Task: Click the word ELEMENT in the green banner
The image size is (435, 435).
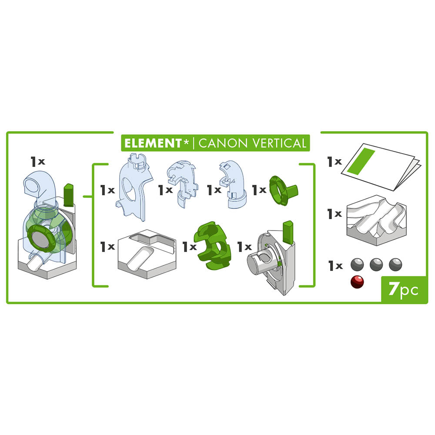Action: point(153,143)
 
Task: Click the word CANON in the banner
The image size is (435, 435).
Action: point(223,143)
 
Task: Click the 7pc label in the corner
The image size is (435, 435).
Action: point(403,289)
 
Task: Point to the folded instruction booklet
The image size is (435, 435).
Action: point(381,166)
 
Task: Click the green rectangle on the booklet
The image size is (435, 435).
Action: point(361,161)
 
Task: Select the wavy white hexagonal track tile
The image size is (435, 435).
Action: point(376,220)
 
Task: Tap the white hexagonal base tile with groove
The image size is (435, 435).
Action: point(147,254)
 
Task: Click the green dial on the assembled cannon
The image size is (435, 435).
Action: point(40,238)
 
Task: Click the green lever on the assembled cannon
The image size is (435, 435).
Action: point(69,195)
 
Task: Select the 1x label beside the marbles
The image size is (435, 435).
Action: point(335,265)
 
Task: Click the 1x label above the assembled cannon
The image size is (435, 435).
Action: point(38,161)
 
